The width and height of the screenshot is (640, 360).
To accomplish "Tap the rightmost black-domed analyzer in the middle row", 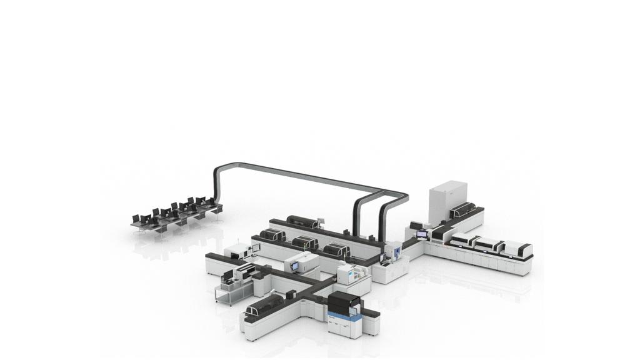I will pyautogui.click(x=336, y=251).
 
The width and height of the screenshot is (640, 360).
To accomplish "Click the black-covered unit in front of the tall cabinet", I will pyautogui.click(x=462, y=211).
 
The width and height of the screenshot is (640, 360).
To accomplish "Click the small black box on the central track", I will pyautogui.click(x=291, y=293).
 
